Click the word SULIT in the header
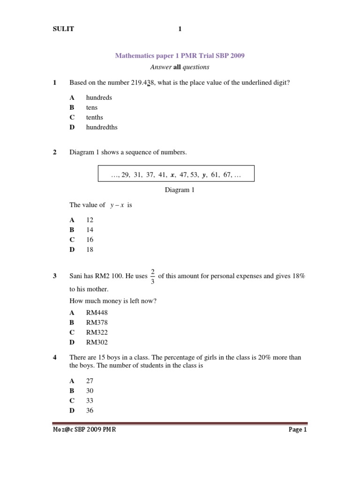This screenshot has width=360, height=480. click(x=63, y=29)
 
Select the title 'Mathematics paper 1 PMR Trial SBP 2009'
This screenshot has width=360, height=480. click(x=180, y=56)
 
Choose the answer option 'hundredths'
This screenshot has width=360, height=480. click(x=102, y=127)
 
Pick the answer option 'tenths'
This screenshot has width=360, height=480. click(x=95, y=117)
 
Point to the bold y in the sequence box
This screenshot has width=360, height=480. click(x=204, y=175)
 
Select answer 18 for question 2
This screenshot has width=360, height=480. click(x=90, y=249)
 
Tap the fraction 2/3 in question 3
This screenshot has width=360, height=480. click(x=152, y=276)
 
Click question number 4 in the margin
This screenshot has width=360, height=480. click(x=55, y=358)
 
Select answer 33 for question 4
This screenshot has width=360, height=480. click(x=90, y=400)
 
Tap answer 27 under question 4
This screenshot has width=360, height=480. click(x=90, y=381)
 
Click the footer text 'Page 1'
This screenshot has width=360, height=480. click(x=297, y=429)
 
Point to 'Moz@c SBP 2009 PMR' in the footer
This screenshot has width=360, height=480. click(x=84, y=429)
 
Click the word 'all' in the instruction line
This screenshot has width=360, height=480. click(x=177, y=67)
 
